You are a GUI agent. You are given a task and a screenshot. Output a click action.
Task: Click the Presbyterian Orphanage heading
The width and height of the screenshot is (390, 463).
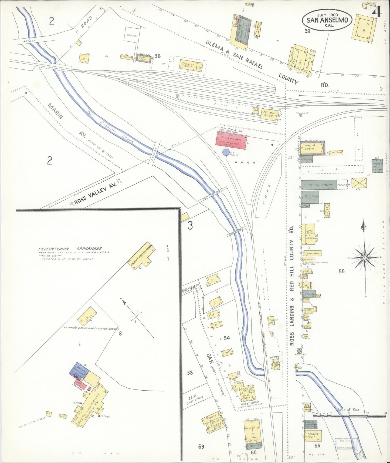pos(70,249)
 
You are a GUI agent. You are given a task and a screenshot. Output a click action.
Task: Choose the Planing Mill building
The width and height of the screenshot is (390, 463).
pos(377,166)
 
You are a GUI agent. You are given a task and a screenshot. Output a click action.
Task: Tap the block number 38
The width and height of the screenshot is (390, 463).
pos(158,56)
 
